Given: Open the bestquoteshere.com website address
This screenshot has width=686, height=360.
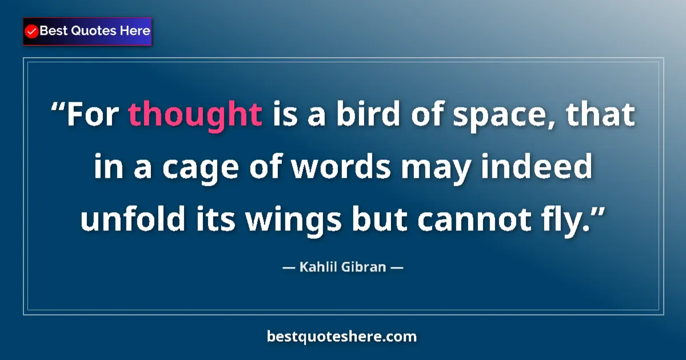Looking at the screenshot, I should click(342, 337).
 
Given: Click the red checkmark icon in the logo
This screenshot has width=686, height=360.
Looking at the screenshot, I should click(32, 31).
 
